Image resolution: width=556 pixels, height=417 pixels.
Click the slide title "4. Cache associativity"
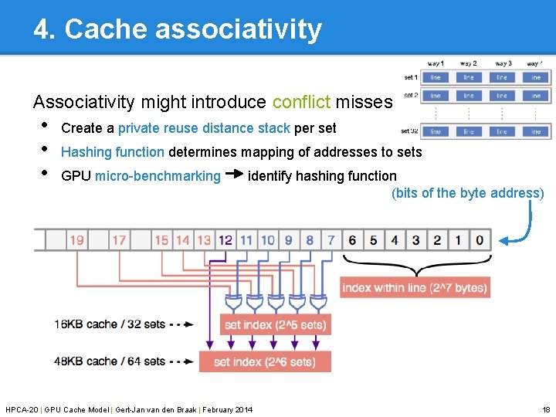pyautogui.click(x=177, y=29)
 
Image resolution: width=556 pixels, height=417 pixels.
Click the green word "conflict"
pyautogui.click(x=301, y=102)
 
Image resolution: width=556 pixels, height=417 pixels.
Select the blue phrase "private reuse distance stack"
pyautogui.click(x=204, y=128)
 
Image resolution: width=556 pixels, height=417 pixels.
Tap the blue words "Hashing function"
pyautogui.click(x=113, y=152)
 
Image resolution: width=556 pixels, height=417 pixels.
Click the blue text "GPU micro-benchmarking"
pyautogui.click(x=141, y=176)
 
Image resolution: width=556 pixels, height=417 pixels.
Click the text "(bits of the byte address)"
pyautogui.click(x=468, y=193)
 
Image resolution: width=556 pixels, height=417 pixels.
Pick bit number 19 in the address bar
pyautogui.click(x=76, y=240)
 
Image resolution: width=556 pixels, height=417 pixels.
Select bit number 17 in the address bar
pyautogui.click(x=119, y=240)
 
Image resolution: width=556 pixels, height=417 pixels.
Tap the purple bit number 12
pyautogui.click(x=225, y=240)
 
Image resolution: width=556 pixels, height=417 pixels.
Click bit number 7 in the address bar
pyautogui.click(x=331, y=240)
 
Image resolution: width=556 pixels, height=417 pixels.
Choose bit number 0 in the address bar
pyautogui.click(x=480, y=240)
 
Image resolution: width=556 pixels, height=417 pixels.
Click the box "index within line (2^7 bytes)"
pyautogui.click(x=415, y=288)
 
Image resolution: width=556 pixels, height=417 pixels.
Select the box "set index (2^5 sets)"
pyautogui.click(x=275, y=325)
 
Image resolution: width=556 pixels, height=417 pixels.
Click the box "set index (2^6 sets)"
pyautogui.click(x=264, y=361)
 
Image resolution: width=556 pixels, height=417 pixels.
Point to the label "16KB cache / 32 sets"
pyautogui.click(x=110, y=324)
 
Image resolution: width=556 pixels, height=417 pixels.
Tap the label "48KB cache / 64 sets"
pyautogui.click(x=110, y=361)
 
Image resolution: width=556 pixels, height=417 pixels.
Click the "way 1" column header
pyautogui.click(x=436, y=63)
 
